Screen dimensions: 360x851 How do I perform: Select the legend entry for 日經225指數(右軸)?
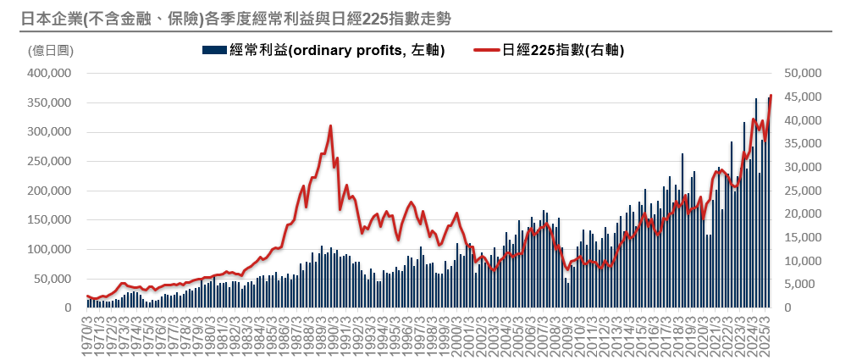coord(563,51)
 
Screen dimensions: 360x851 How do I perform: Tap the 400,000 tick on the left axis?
coord(49,74)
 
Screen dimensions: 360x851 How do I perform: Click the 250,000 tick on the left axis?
coord(49,162)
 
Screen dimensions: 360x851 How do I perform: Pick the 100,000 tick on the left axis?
coord(49,250)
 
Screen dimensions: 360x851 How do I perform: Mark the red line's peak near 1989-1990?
coord(330,126)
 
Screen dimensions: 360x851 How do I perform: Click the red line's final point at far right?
coord(771,96)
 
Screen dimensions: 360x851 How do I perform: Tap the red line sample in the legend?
coord(488,51)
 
